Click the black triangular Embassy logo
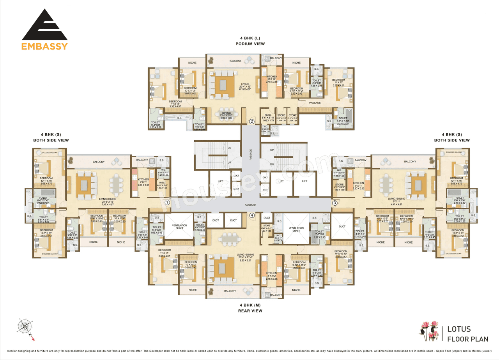coord(44,25)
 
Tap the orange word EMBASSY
coord(44,46)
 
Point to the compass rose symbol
coord(24,326)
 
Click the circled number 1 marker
coord(167,203)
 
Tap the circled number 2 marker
coord(252,122)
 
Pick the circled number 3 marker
coord(334,203)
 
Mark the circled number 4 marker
coord(252,215)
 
